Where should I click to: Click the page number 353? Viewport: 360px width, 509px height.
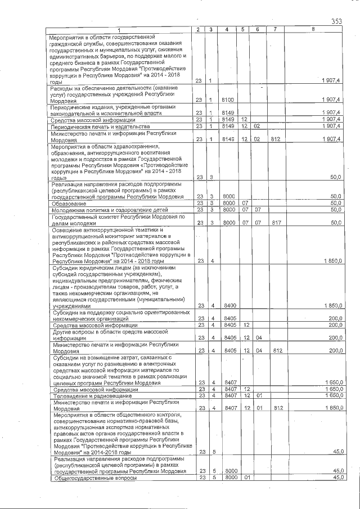[x=336, y=21]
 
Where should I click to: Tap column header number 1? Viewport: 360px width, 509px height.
[x=119, y=29]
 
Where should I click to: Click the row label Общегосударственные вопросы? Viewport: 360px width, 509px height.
[x=89, y=478]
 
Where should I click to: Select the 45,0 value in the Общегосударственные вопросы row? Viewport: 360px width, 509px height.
[x=337, y=478]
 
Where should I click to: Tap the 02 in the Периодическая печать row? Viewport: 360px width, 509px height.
[x=256, y=127]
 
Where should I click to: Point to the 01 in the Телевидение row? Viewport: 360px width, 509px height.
[x=256, y=396]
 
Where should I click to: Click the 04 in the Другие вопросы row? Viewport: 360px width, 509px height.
[x=256, y=338]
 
